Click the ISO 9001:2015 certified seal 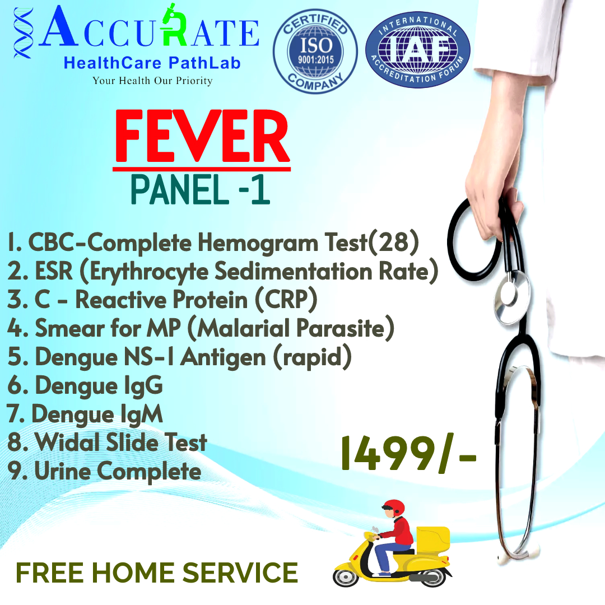(x=315, y=52)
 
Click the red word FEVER (x=202, y=137)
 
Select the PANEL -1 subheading (x=200, y=189)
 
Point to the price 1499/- (x=409, y=454)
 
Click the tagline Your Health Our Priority (x=152, y=81)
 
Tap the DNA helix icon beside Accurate (x=23, y=34)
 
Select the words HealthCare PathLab (x=152, y=63)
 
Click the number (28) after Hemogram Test (x=394, y=243)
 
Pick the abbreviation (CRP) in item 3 (x=286, y=299)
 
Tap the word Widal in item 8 (x=69, y=442)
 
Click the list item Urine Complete (x=105, y=471)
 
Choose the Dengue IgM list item (x=85, y=415)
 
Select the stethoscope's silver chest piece (x=511, y=297)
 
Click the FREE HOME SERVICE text (x=157, y=573)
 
